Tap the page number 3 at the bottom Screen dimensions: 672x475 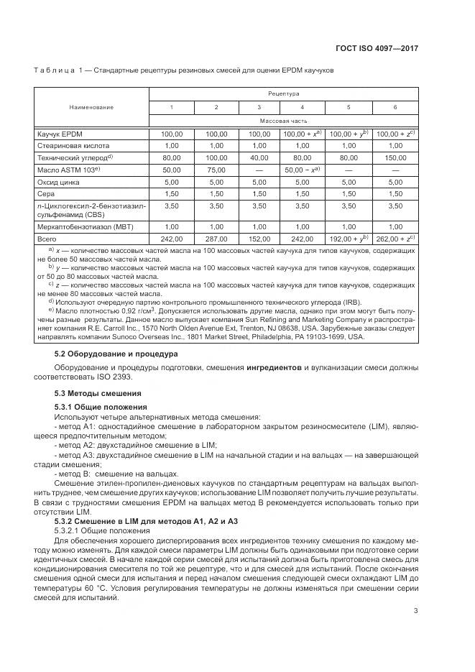[x=416, y=612]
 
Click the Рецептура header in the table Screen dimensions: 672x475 [x=283, y=93]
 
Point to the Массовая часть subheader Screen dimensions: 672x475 [x=283, y=121]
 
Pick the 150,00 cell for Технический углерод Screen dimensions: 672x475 [x=395, y=157]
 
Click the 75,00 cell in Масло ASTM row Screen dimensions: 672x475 [x=216, y=170]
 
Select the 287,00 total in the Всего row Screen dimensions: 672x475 [x=216, y=239]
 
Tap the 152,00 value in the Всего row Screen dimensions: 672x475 [x=259, y=239]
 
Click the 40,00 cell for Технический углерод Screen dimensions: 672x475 [x=259, y=157]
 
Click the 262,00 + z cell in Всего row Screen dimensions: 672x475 [x=395, y=239]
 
